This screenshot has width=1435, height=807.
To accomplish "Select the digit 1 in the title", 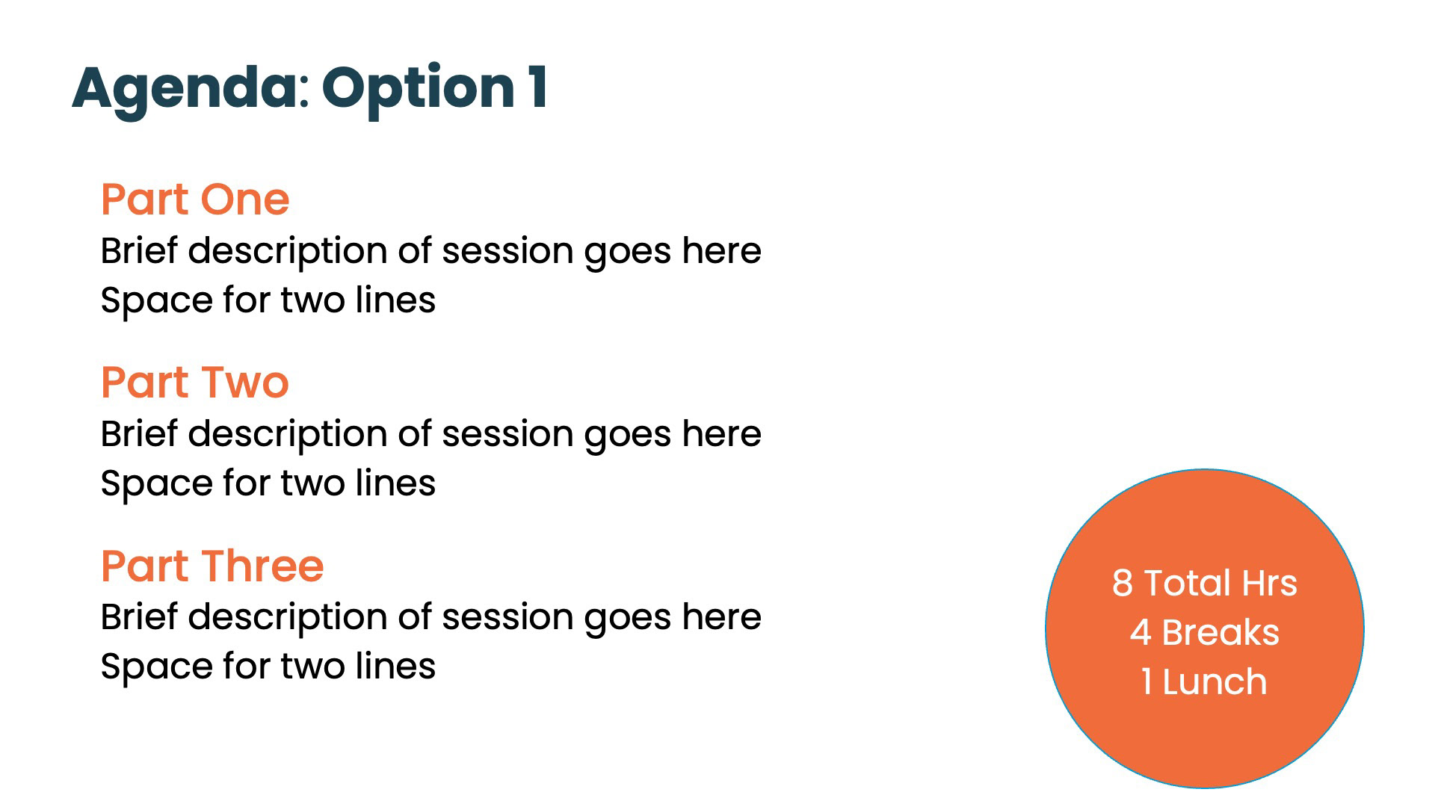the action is pyautogui.click(x=538, y=87).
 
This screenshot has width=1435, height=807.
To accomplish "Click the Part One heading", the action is pyautogui.click(x=195, y=200).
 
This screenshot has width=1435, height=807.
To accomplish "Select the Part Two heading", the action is pyautogui.click(x=195, y=383).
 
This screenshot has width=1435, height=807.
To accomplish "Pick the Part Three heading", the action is pyautogui.click(x=212, y=566).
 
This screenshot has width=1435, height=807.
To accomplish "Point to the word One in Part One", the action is pyautogui.click(x=244, y=200).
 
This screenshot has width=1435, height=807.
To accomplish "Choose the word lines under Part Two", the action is pyautogui.click(x=395, y=483).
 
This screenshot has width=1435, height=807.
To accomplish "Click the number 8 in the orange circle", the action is pyautogui.click(x=1123, y=583).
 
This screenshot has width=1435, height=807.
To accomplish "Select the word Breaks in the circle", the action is pyautogui.click(x=1220, y=633).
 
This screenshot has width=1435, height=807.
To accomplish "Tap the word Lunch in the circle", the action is pyautogui.click(x=1215, y=682).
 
